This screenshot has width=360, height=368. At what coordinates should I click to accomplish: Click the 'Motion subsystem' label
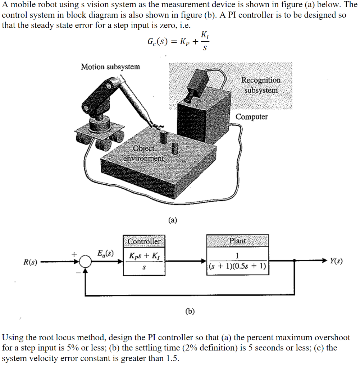pyautogui.click(x=110, y=66)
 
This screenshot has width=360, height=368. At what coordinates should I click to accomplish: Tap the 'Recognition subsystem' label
pyautogui.click(x=261, y=85)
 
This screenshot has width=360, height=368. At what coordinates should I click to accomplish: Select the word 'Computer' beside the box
pyautogui.click(x=252, y=117)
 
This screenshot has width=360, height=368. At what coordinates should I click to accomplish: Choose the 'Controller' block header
pyautogui.click(x=144, y=241)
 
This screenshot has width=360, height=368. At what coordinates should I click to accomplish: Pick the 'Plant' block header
pyautogui.click(x=238, y=241)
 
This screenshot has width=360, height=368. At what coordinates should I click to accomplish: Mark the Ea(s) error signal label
pyautogui.click(x=105, y=253)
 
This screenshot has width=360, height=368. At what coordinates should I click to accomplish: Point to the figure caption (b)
pyautogui.click(x=190, y=311)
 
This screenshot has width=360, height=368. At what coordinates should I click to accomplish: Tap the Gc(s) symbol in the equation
pyautogui.click(x=156, y=41)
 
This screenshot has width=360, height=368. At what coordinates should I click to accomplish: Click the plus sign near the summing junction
pyautogui.click(x=74, y=254)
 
